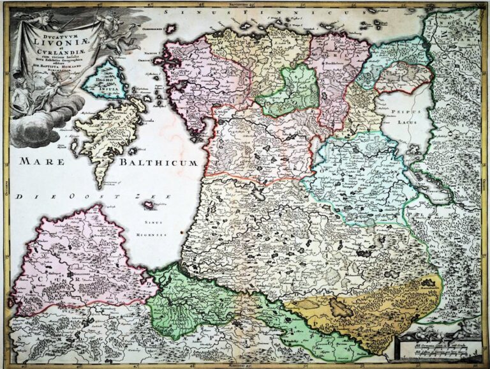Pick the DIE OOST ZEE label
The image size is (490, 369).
pos(86,197)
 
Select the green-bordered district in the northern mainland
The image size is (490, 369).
pos(291,92)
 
